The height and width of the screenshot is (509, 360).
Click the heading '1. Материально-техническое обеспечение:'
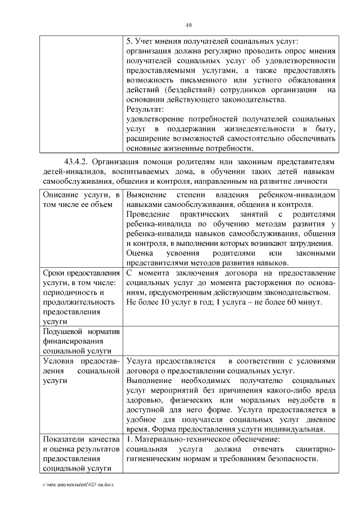(x=202, y=439)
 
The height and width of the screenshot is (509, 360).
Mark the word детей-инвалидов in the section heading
(x=71, y=171)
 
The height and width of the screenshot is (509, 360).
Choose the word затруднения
(x=307, y=244)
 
